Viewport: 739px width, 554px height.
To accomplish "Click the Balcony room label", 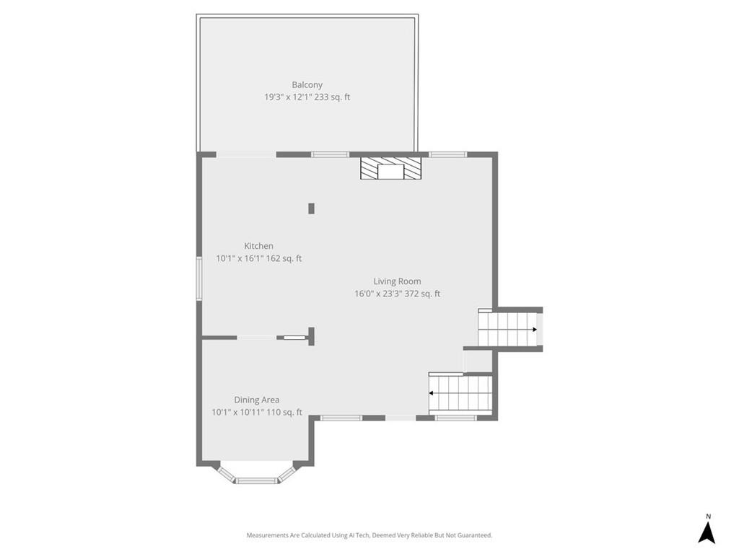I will (x=307, y=84).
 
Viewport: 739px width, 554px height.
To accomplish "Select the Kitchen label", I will (x=258, y=246).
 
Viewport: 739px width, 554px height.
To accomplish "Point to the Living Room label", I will (x=397, y=281).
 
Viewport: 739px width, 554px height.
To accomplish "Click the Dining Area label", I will (x=256, y=400).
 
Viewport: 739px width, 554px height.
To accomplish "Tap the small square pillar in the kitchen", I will (x=312, y=208).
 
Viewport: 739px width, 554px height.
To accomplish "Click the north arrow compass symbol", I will (x=707, y=532).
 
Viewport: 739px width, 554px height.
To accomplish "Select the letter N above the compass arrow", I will (x=708, y=516).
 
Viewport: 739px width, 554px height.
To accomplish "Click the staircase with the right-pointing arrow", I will (x=509, y=330).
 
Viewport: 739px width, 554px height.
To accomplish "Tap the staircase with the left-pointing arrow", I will (x=460, y=393).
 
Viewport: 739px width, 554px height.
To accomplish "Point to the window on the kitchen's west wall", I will (x=199, y=278).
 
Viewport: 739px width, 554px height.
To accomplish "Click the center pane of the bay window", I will (x=256, y=480).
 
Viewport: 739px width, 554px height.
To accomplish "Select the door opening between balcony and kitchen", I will (x=245, y=154).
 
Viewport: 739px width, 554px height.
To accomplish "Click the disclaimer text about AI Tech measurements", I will (x=369, y=535).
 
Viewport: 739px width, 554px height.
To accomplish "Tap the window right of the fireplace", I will (x=447, y=154).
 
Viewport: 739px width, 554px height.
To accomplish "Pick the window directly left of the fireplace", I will (x=330, y=154).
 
